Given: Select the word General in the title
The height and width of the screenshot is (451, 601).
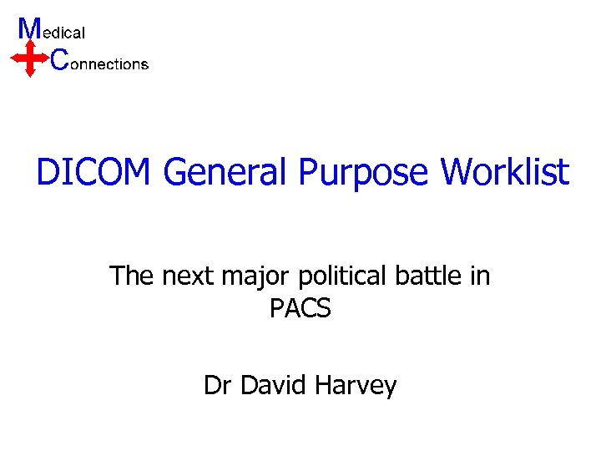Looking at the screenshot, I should click(225, 173).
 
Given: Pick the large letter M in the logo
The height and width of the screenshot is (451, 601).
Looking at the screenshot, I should click(29, 28).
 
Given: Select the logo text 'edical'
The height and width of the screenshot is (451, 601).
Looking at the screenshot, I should click(63, 33).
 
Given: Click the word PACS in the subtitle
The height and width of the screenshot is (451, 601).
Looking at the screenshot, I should click(300, 309).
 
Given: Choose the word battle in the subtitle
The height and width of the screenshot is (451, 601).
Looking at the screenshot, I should click(440, 275).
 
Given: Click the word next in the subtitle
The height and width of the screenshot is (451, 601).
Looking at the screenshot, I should click(190, 276).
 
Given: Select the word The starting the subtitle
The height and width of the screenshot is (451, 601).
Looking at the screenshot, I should click(132, 275).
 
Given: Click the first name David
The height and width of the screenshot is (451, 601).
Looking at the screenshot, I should click(269, 386).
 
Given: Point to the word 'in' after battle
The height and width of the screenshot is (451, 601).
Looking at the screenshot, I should click(481, 275).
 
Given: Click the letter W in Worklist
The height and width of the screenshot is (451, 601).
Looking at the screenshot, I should click(457, 173).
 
